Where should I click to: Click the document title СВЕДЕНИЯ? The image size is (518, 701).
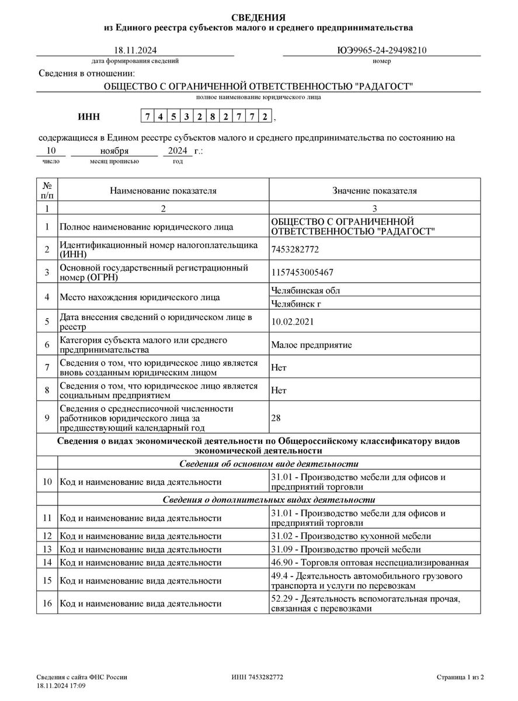coord(259,17)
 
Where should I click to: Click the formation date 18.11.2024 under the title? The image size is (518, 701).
coord(135,50)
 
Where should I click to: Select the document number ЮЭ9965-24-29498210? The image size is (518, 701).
coord(382,50)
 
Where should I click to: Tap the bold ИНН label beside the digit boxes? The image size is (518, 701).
coord(89,117)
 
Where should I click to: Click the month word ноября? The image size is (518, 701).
coord(114,151)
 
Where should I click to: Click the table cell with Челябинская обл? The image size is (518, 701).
coord(305,290)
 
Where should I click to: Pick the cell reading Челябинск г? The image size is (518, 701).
coord(296,304)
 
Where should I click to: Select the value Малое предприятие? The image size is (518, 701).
coord(311,345)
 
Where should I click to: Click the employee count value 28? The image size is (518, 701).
coord(276,418)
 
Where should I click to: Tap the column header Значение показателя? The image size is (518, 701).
coord(374,191)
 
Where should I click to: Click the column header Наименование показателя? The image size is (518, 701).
coord(163,191)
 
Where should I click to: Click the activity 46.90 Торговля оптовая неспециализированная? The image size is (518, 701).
coord(370,563)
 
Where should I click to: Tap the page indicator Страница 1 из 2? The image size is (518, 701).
coord(460,677)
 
